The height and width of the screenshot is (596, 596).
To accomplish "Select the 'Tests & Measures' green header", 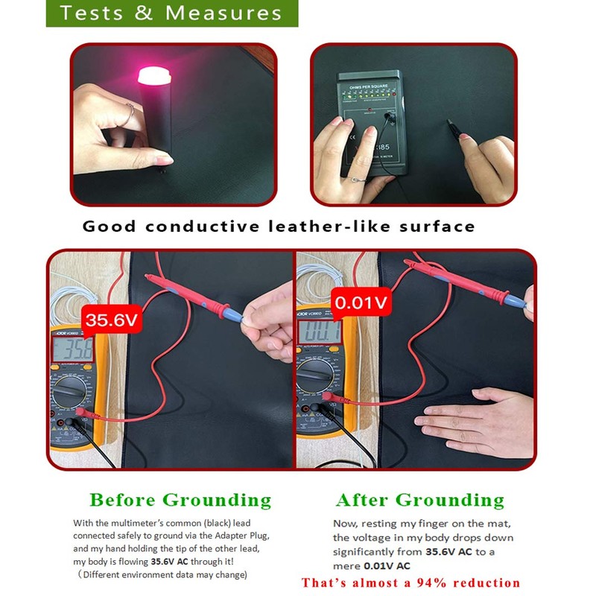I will [171, 13].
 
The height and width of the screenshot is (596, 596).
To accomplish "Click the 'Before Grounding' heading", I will [180, 500].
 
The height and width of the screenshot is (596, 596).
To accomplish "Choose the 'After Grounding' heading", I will [420, 500].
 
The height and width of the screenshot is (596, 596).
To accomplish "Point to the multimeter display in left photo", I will [72, 350].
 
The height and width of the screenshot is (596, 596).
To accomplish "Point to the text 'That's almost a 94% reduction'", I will [410, 582].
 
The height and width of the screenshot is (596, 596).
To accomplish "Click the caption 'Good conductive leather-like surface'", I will [278, 226].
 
